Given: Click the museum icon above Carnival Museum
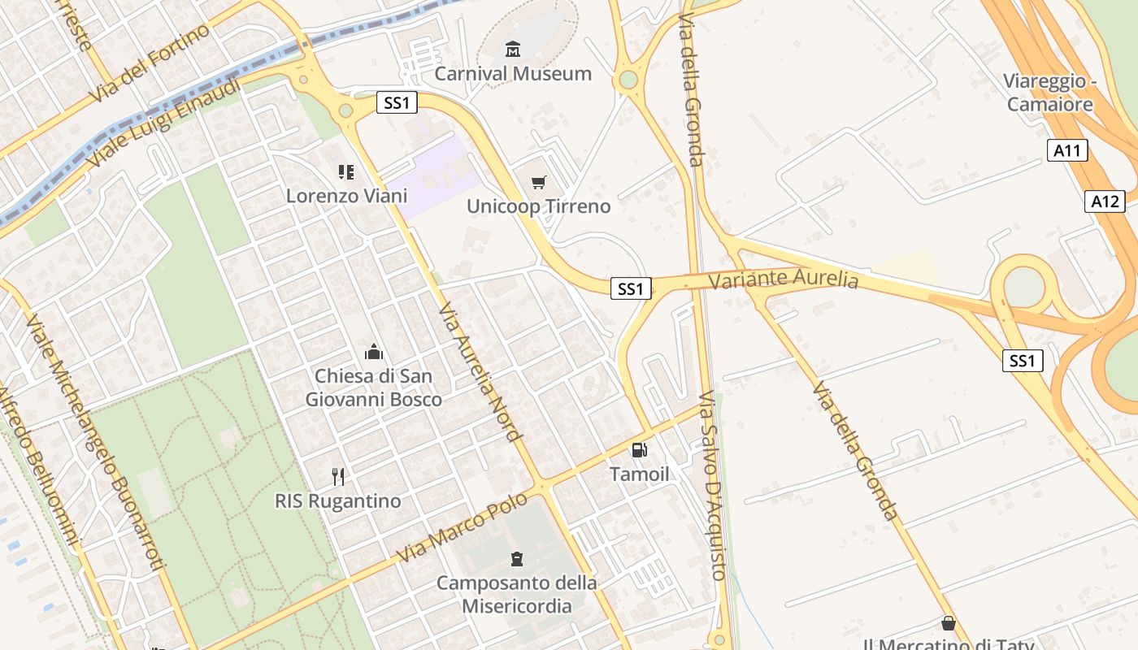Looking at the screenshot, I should [512, 50].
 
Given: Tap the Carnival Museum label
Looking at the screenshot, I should [513, 74].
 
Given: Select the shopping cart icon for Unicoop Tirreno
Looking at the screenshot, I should [538, 183].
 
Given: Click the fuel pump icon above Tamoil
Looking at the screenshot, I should [640, 450].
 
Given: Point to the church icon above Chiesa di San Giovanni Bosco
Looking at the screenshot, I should [374, 352].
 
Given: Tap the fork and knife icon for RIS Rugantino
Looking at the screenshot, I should [338, 477].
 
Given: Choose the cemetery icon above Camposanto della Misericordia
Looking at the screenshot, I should [516, 559].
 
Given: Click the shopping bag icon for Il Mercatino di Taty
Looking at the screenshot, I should [948, 623].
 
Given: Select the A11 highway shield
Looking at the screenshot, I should [1067, 149].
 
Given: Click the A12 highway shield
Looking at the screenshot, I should [1105, 201].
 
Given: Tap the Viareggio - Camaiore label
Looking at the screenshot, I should [1050, 93].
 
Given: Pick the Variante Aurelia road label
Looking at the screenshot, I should [783, 279].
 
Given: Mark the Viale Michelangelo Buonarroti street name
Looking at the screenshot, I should [95, 440].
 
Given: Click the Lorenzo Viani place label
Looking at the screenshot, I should [346, 196].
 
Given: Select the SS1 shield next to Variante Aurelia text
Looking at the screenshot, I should [631, 288].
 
